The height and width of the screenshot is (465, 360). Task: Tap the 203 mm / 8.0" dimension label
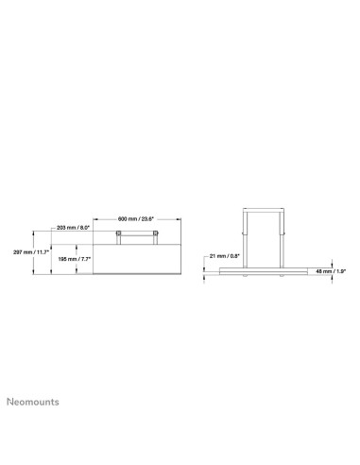click(x=72, y=228)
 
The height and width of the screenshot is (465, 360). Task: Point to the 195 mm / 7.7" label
click(x=73, y=259)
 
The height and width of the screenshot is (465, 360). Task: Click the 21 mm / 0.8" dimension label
click(x=225, y=254)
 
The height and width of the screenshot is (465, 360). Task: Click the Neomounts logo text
click(x=32, y=400)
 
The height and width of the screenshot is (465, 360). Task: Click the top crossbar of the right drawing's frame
click(x=264, y=207)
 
